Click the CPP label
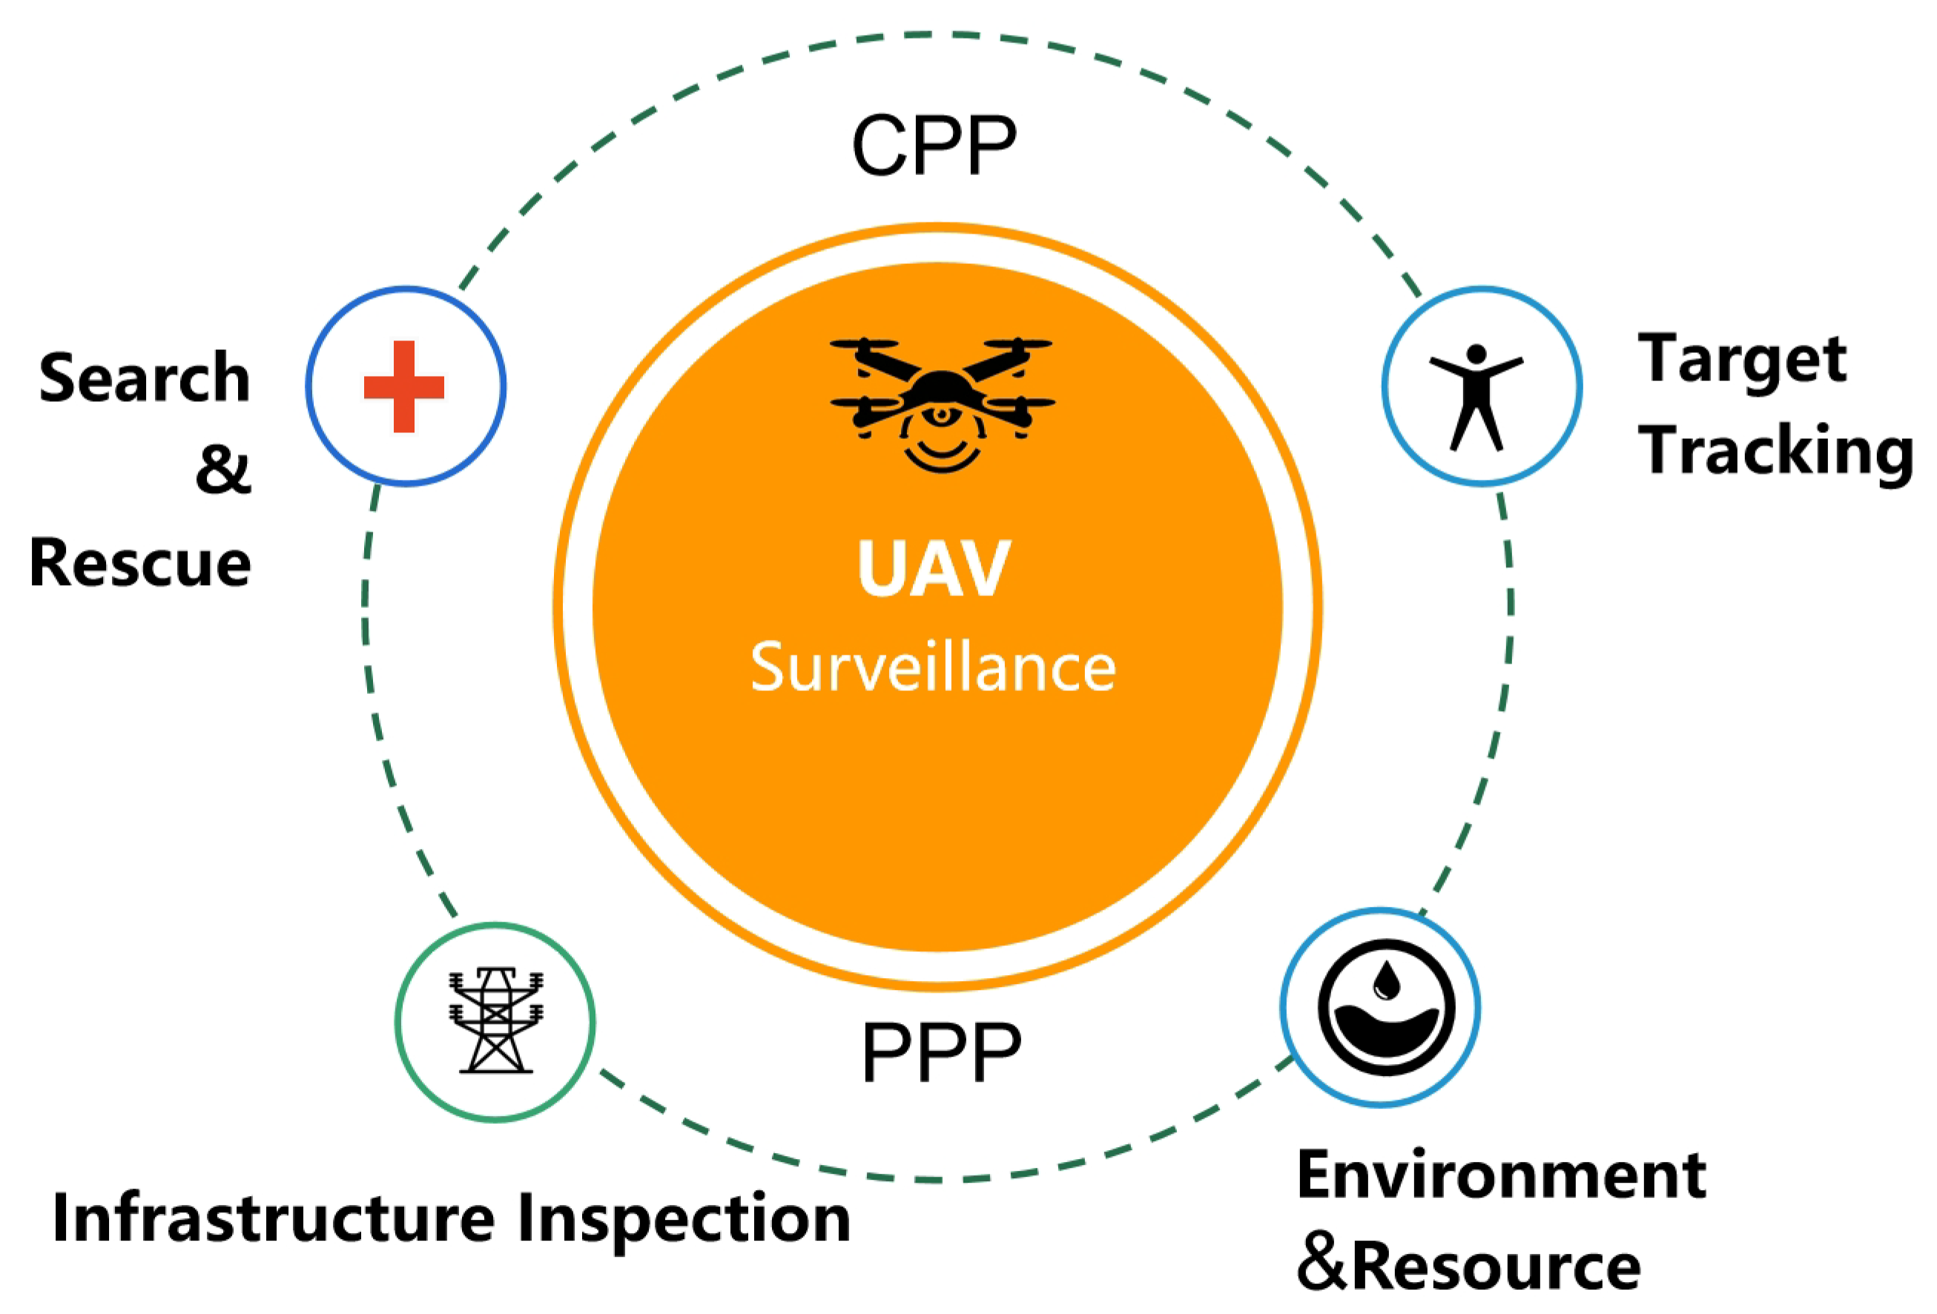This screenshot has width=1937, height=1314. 934,145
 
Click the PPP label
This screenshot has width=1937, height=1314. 941,1051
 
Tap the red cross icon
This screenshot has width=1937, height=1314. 404,386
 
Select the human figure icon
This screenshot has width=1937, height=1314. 1476,397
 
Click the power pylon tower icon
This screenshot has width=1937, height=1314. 496,1020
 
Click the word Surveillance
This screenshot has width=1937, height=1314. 934,667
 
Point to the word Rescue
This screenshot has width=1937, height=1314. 140,564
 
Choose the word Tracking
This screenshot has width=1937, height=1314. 1776,451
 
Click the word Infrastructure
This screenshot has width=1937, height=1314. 274,1219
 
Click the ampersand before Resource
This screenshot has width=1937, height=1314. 1322,1265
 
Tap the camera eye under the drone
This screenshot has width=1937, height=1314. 942,414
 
